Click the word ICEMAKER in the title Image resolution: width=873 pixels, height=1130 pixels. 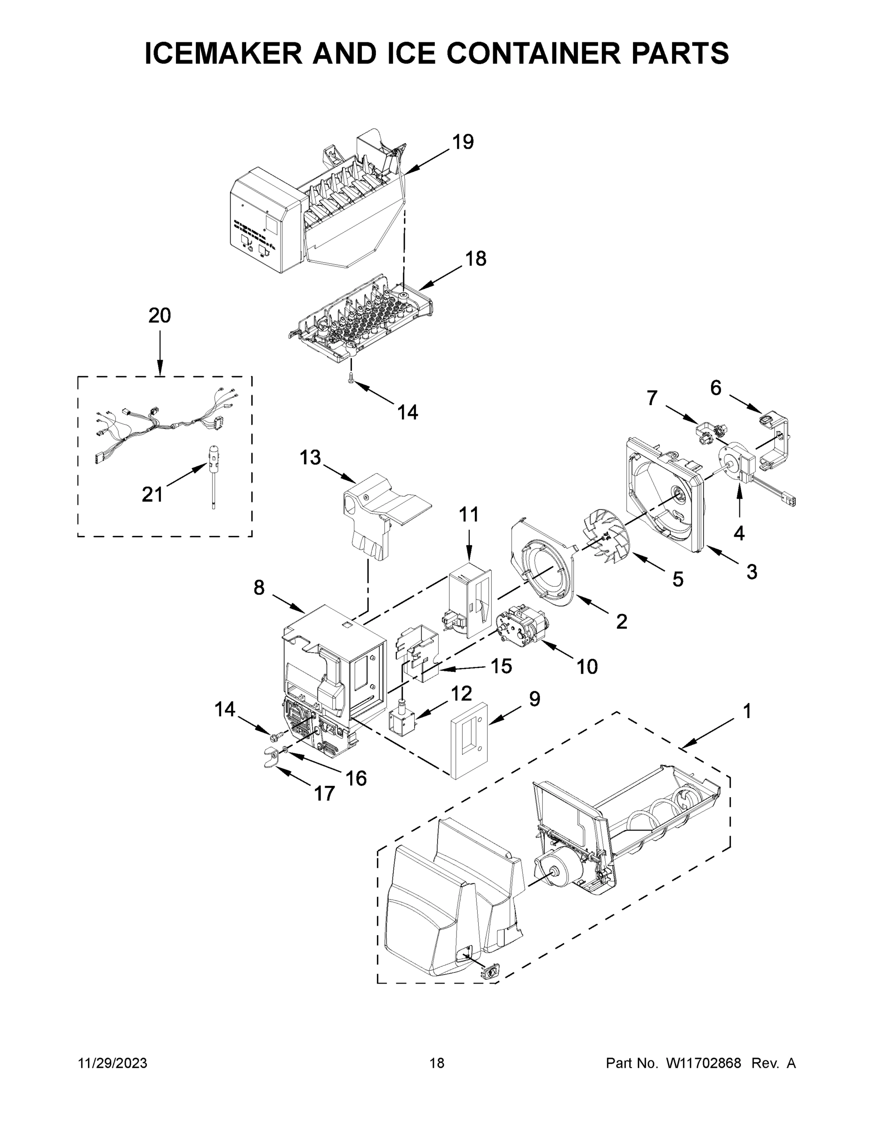(x=224, y=53)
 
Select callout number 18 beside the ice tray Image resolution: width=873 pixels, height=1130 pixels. (x=475, y=258)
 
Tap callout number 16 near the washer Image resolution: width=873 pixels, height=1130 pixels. (x=356, y=778)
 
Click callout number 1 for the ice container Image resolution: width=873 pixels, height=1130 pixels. (x=747, y=711)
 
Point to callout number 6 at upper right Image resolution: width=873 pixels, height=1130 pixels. (x=715, y=387)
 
